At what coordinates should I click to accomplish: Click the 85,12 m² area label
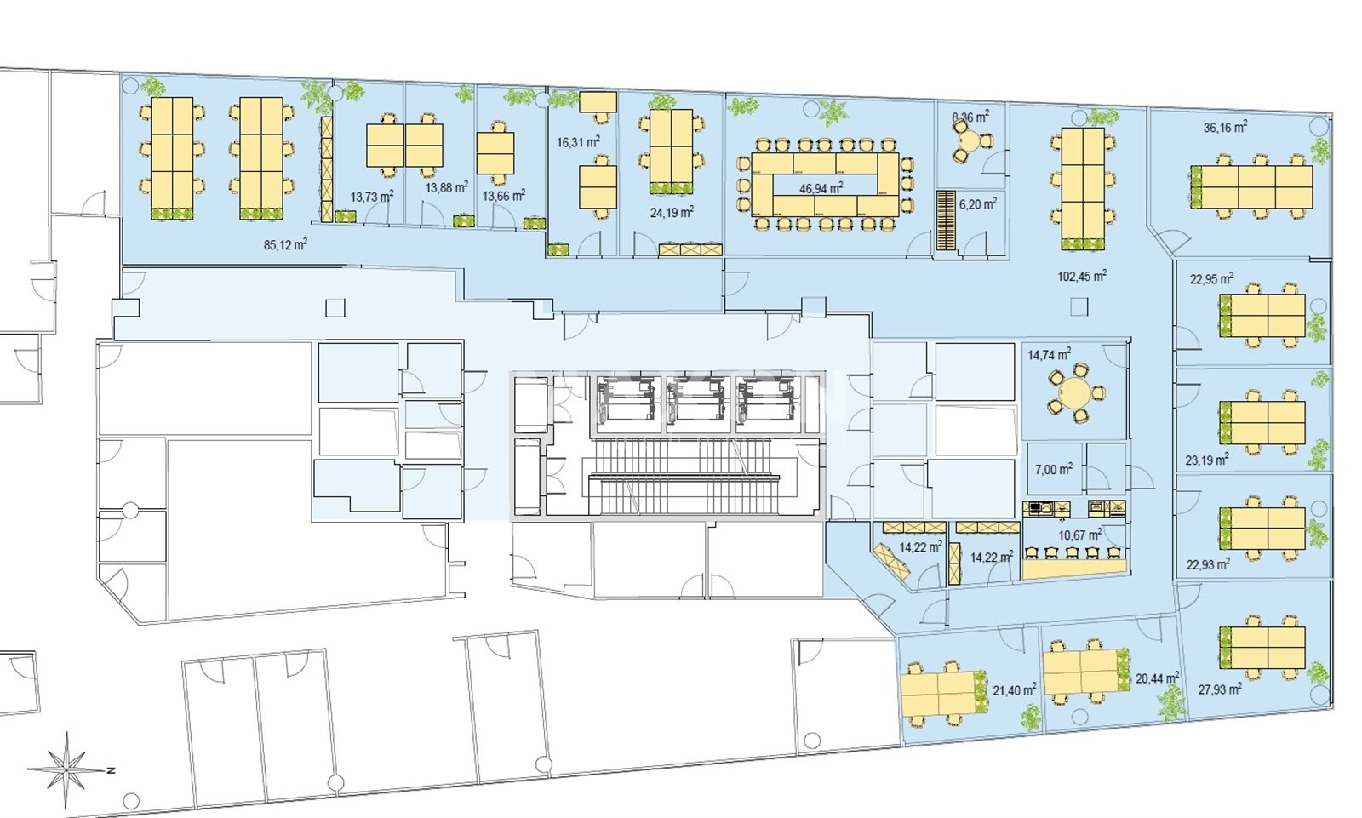[x=285, y=244]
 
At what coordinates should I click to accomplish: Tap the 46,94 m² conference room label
[x=821, y=188]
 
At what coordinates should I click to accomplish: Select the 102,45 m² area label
[x=1082, y=276]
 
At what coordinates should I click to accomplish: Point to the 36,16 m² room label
[x=1225, y=127]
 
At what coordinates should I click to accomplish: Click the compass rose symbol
[x=67, y=770]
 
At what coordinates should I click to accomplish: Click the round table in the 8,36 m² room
[x=971, y=141]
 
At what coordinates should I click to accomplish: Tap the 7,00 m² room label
[x=1053, y=469]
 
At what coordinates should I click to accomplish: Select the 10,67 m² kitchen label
[x=1080, y=535]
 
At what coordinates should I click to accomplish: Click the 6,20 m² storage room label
[x=978, y=203]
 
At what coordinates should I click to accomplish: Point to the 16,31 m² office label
[x=578, y=141]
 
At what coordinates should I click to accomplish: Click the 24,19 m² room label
[x=672, y=212]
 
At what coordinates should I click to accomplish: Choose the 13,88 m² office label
[x=446, y=187]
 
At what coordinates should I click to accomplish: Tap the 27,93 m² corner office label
[x=1220, y=689]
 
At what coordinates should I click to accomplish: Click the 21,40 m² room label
[x=1014, y=689]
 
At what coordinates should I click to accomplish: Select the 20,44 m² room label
[x=1157, y=678]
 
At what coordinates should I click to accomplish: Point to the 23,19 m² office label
[x=1207, y=460]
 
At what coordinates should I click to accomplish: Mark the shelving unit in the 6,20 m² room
[x=946, y=220]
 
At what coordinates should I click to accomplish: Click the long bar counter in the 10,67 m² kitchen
[x=1074, y=568]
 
